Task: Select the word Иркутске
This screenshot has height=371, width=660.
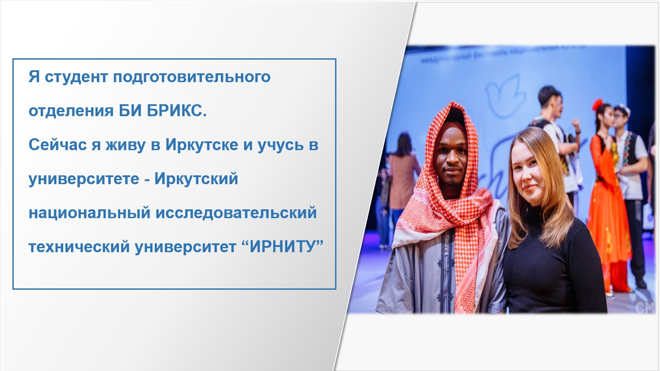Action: (x=202, y=144)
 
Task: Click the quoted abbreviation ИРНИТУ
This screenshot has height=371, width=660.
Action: (x=282, y=246)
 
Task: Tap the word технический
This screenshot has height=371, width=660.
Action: (x=79, y=247)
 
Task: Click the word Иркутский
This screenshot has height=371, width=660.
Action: (x=196, y=179)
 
